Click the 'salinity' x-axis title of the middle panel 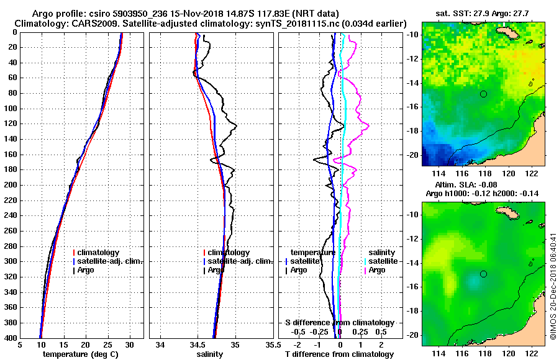tap(211, 354)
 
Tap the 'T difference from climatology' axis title tap(339, 354)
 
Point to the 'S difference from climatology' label tap(339, 323)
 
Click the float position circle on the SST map tap(483, 94)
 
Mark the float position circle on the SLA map tap(483, 274)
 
